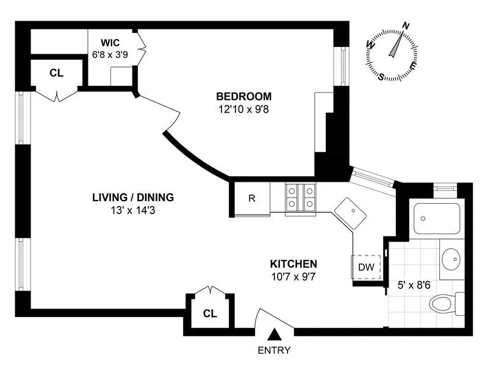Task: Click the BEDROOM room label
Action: click(243, 96)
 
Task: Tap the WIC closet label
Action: click(110, 42)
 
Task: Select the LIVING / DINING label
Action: click(133, 197)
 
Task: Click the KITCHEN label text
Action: click(293, 264)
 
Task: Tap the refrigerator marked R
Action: click(251, 198)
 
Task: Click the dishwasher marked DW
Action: click(366, 266)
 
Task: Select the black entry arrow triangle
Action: click(274, 334)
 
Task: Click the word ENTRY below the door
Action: click(274, 351)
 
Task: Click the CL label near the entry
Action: click(210, 314)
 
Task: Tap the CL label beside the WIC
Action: click(56, 73)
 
